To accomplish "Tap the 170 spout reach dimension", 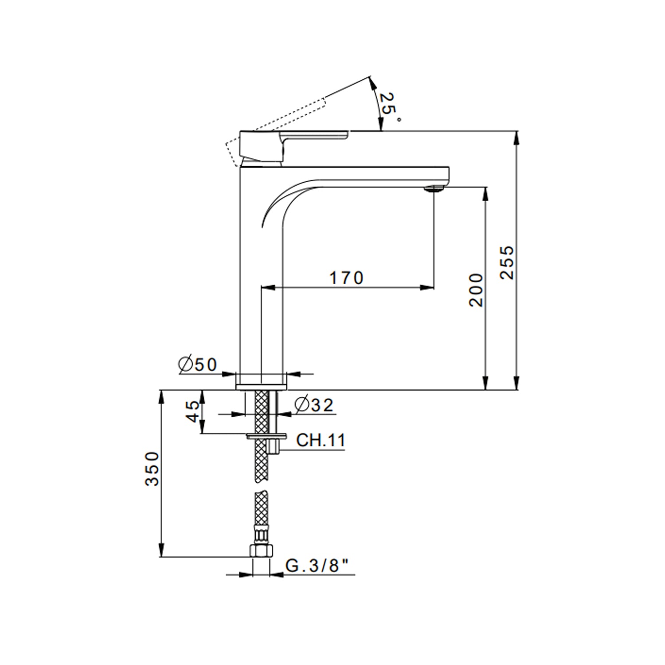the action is [x=346, y=278].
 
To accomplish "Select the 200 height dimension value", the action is [x=476, y=290].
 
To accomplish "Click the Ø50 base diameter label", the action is [x=197, y=364].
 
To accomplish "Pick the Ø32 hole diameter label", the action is [x=313, y=404].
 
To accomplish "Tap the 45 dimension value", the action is [x=193, y=412].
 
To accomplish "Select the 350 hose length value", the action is [x=152, y=469].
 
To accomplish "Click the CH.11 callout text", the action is [x=321, y=440].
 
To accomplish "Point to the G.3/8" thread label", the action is [x=317, y=566].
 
